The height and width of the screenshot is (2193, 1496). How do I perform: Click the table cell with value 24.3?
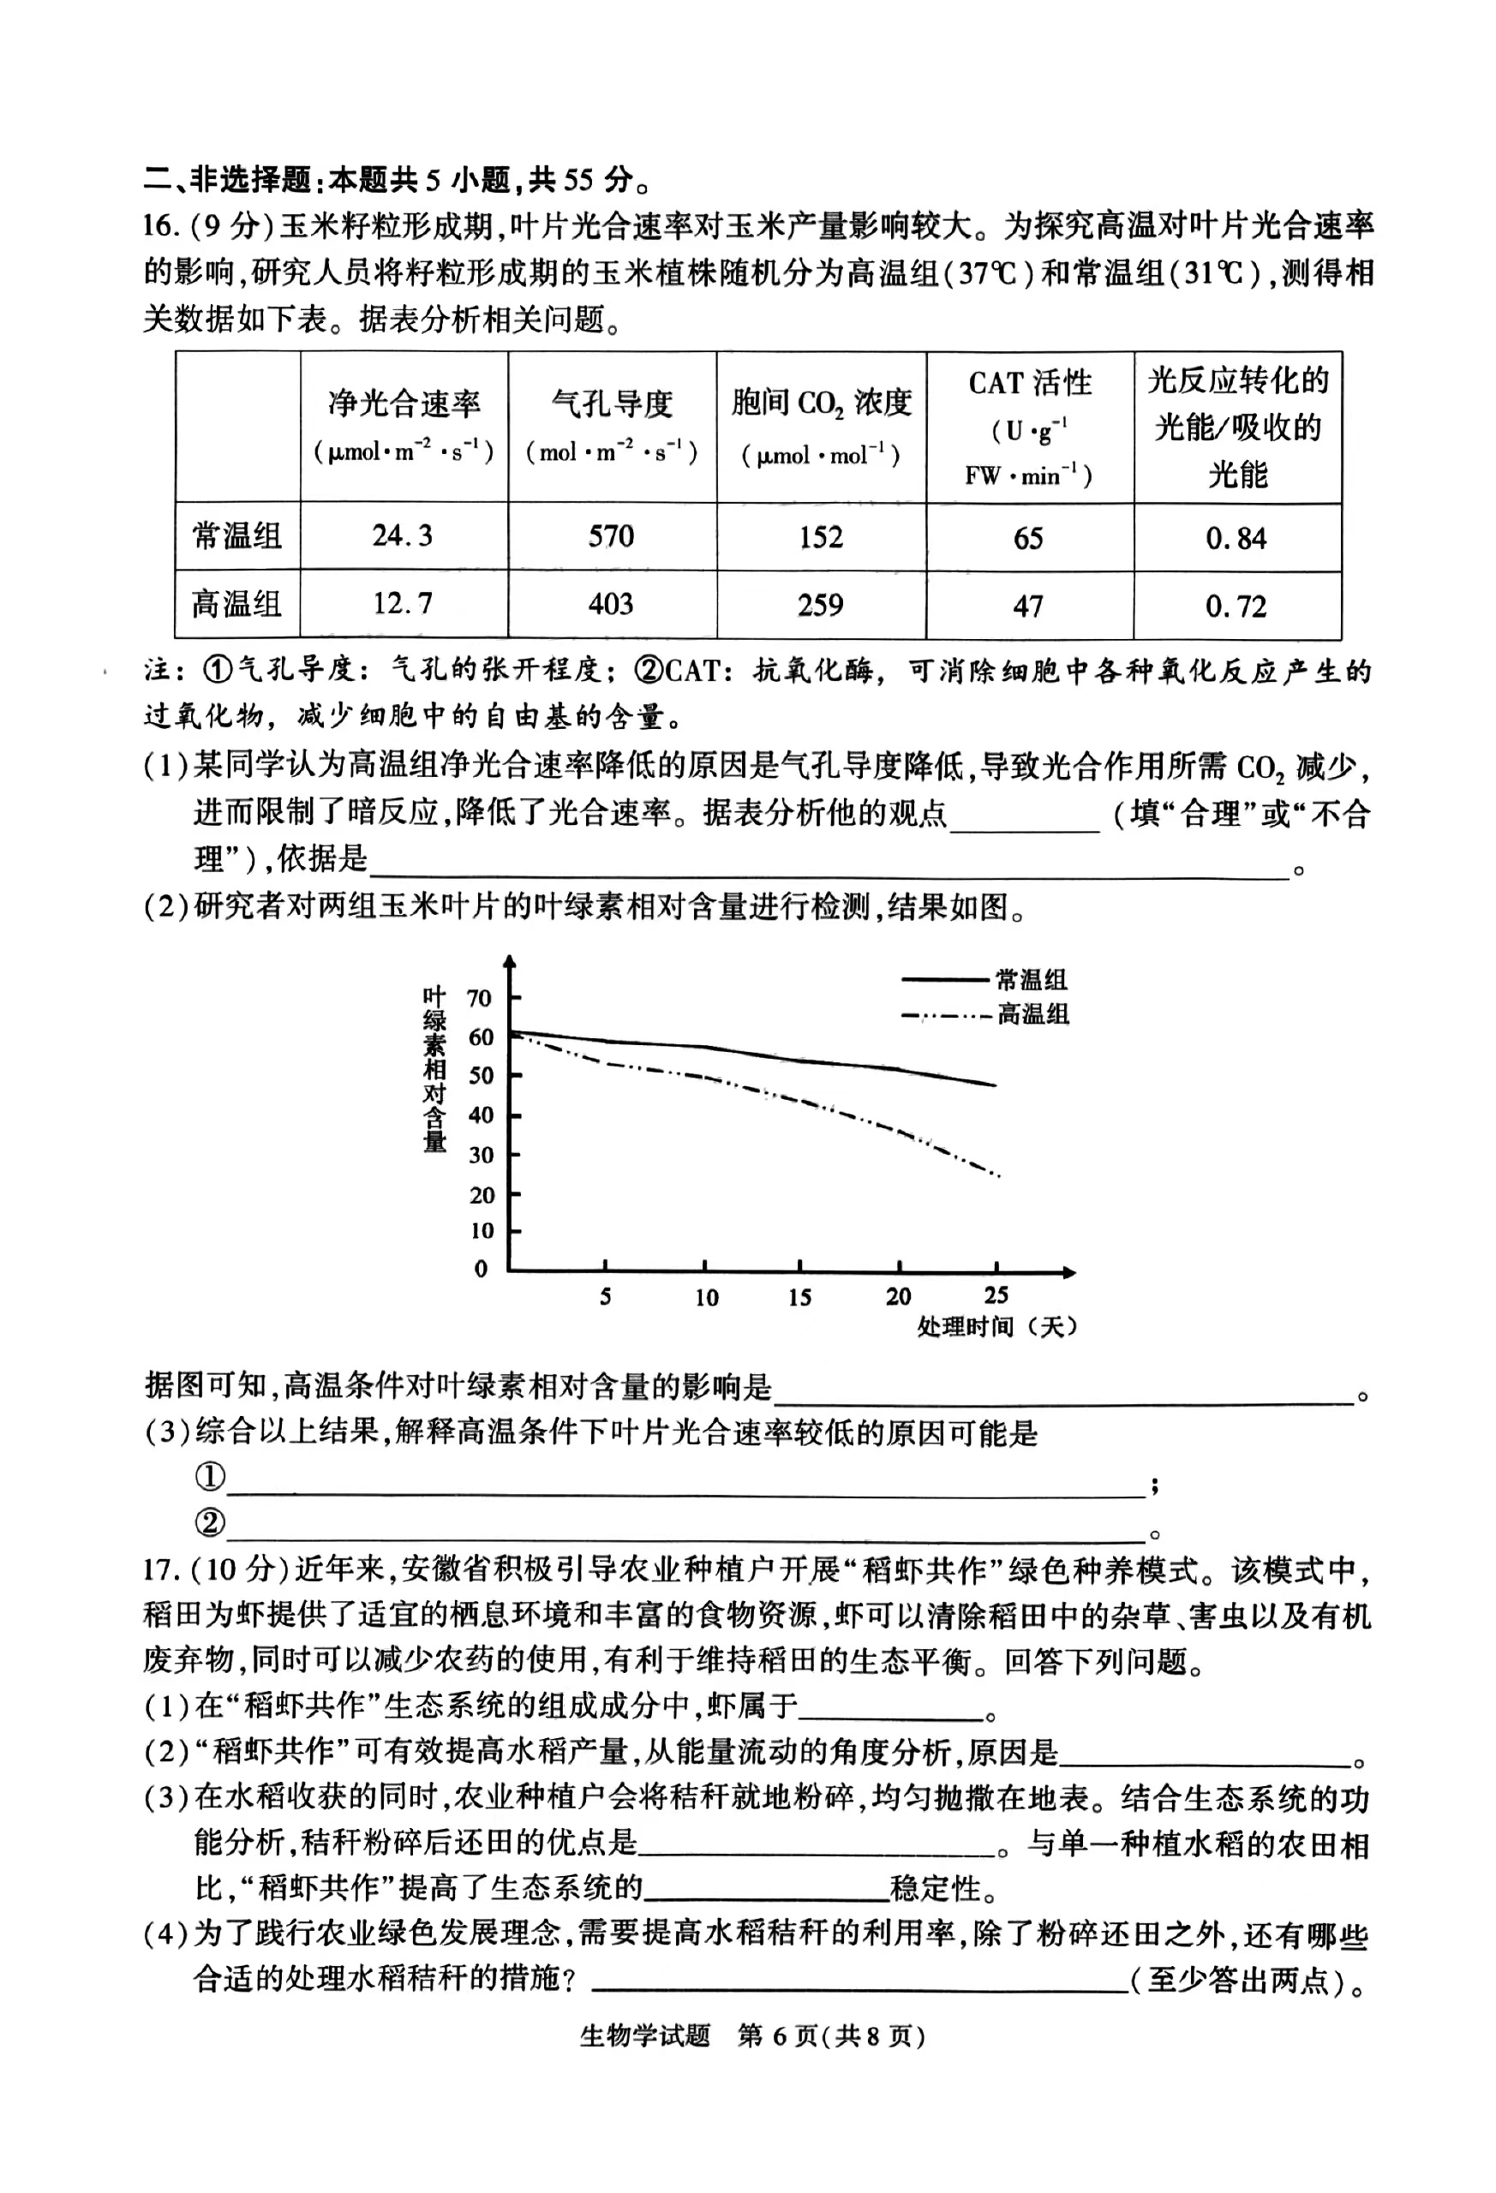click(402, 536)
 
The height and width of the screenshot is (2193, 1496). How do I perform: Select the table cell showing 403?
click(611, 604)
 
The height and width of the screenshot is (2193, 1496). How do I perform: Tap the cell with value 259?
click(820, 605)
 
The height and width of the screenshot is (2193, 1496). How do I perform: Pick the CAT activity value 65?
click(1028, 538)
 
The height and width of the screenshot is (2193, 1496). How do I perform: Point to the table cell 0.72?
click(1236, 606)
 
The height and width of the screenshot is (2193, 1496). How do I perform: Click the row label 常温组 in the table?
click(236, 536)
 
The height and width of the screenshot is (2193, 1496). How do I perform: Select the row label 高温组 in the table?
click(236, 604)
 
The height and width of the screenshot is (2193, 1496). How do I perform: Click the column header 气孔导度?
click(612, 403)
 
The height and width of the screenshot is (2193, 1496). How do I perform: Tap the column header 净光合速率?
click(404, 403)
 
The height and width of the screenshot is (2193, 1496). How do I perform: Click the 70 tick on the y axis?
click(481, 998)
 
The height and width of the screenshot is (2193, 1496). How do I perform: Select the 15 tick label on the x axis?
click(799, 1298)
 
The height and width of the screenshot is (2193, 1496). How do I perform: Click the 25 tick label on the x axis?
click(996, 1295)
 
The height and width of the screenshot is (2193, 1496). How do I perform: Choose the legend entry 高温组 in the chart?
click(1033, 1014)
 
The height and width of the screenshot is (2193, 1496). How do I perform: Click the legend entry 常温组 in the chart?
click(1032, 979)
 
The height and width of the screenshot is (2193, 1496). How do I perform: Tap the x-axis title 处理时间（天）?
click(996, 1327)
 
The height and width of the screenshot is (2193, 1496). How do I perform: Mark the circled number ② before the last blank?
click(210, 1522)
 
